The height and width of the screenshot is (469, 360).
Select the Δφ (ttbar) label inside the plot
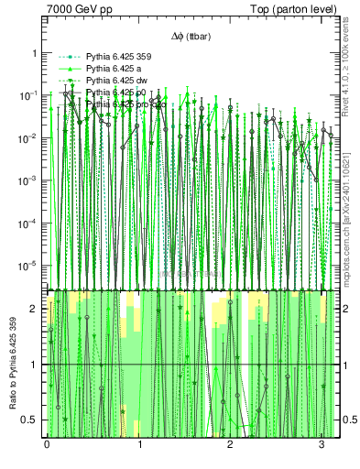point(192,36)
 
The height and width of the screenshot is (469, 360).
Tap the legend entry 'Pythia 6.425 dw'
point(117,82)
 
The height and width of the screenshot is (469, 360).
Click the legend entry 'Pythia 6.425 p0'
point(117,93)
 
